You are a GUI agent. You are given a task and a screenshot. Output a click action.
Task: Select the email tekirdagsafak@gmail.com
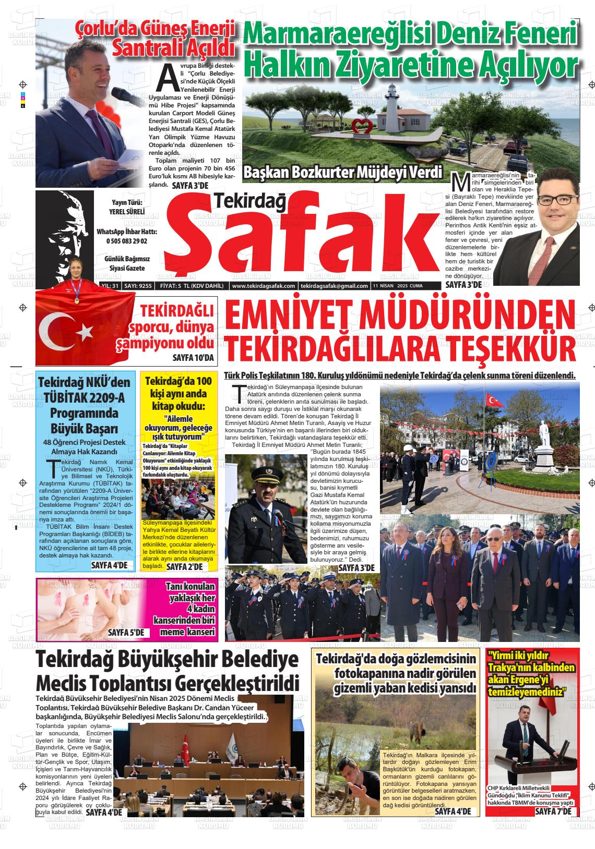335,286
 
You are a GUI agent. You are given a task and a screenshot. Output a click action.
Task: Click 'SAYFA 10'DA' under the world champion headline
193,358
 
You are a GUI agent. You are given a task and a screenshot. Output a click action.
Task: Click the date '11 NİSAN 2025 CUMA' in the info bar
398,286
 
